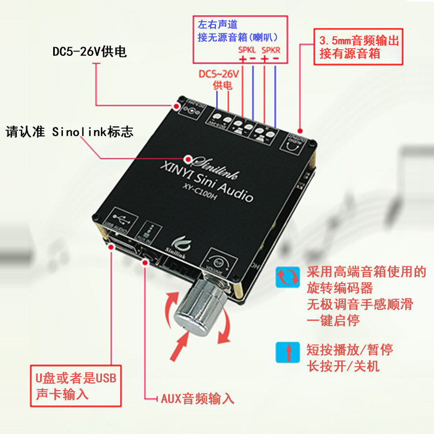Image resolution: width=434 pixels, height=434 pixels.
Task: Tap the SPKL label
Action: pyautogui.click(x=247, y=50)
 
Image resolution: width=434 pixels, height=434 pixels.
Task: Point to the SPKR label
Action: pyautogui.click(x=271, y=50)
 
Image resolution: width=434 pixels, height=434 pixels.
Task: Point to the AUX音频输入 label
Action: pyautogui.click(x=197, y=399)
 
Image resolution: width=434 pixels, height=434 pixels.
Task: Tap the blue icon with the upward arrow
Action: pyautogui.click(x=288, y=352)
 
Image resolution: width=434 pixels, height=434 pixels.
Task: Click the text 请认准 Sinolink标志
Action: pyautogui.click(x=69, y=131)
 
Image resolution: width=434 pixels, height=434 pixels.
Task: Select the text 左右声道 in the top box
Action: pyautogui.click(x=218, y=24)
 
